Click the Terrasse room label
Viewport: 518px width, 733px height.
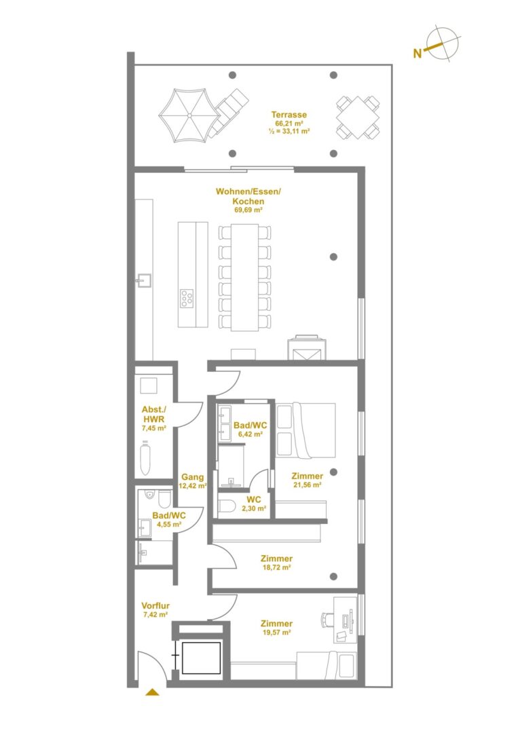coord(289,115)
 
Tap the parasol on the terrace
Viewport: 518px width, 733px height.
coord(189,115)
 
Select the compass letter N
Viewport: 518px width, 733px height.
coord(418,54)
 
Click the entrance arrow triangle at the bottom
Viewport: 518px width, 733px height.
coord(152,692)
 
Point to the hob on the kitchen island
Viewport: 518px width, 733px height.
coord(187,298)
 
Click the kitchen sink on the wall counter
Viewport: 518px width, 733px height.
coord(143,280)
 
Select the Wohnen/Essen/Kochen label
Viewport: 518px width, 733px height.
coord(248,196)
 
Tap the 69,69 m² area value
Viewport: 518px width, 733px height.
coord(248,210)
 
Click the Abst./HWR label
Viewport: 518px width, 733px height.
coord(154,415)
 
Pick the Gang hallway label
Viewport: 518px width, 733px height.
coord(193,477)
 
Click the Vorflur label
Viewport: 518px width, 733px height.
coord(155,606)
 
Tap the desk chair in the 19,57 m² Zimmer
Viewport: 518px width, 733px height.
coord(327,620)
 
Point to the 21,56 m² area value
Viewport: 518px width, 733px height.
coord(307,485)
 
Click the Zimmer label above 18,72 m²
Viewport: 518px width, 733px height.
coord(277,559)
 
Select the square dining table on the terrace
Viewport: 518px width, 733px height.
coord(358,117)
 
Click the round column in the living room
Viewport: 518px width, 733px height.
coord(333,257)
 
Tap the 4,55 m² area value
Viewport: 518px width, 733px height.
coord(169,525)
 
